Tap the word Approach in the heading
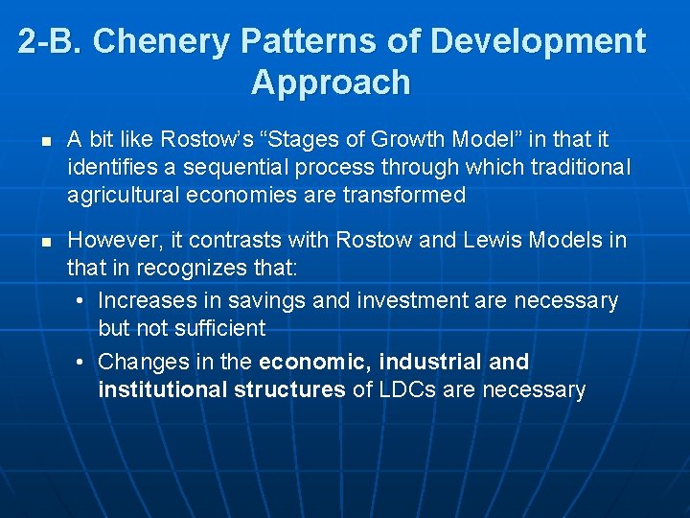pos(331,82)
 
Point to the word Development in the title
pos(539,41)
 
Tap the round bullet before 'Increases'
pos(82,301)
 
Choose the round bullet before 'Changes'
pos(82,363)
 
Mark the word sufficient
pos(217,328)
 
